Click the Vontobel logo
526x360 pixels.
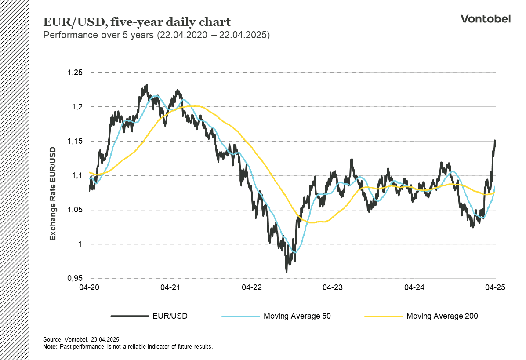485,18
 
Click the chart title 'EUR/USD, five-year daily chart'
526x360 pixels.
136,22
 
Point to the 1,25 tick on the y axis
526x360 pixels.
74,73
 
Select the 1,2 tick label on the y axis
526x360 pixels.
76,107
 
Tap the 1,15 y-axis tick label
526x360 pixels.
74,141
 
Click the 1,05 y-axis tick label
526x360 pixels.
74,210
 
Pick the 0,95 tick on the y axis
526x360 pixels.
74,279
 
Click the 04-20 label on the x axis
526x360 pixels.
89,287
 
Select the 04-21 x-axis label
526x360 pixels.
170,287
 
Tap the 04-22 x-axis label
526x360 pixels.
251,287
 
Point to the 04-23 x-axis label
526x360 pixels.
333,287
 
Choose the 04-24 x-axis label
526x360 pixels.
414,287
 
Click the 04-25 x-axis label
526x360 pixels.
495,287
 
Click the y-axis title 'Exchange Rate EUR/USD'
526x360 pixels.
53,193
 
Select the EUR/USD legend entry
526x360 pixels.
170,316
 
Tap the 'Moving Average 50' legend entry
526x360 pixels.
297,316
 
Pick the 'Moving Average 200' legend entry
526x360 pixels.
442,316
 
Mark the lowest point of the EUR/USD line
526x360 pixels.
287,272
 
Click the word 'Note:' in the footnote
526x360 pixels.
50,347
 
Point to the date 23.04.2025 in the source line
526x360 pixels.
105,340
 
